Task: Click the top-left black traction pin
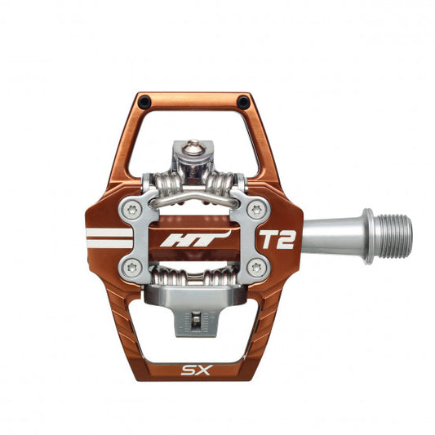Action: pos(144,102)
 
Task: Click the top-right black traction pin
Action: pos(242,102)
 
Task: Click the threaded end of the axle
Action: pos(395,237)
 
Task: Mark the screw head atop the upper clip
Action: pos(193,148)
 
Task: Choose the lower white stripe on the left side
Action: pos(109,244)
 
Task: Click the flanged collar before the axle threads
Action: pos(368,237)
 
